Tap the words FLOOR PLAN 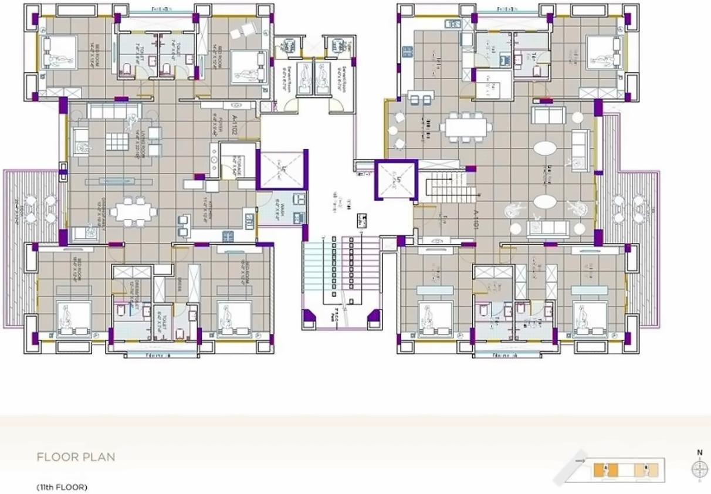[x=76, y=457]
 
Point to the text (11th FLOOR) [x=62, y=487]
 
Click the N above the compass [x=699, y=452]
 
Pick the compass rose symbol [x=699, y=469]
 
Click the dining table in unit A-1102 [x=133, y=212]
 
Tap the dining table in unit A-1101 [x=466, y=127]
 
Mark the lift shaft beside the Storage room [x=282, y=170]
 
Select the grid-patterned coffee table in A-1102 [x=116, y=141]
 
